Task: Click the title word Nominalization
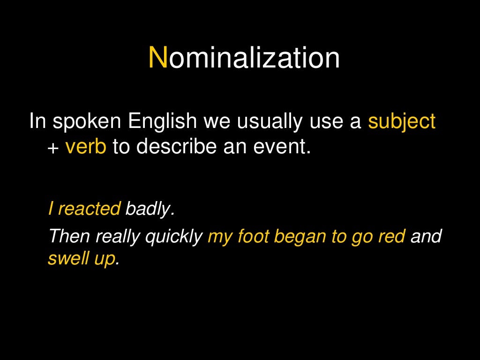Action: pos(244,58)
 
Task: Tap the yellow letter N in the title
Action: pos(158,58)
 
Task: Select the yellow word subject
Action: pos(402,121)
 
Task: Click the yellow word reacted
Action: pos(89,209)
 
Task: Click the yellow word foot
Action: pos(253,236)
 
